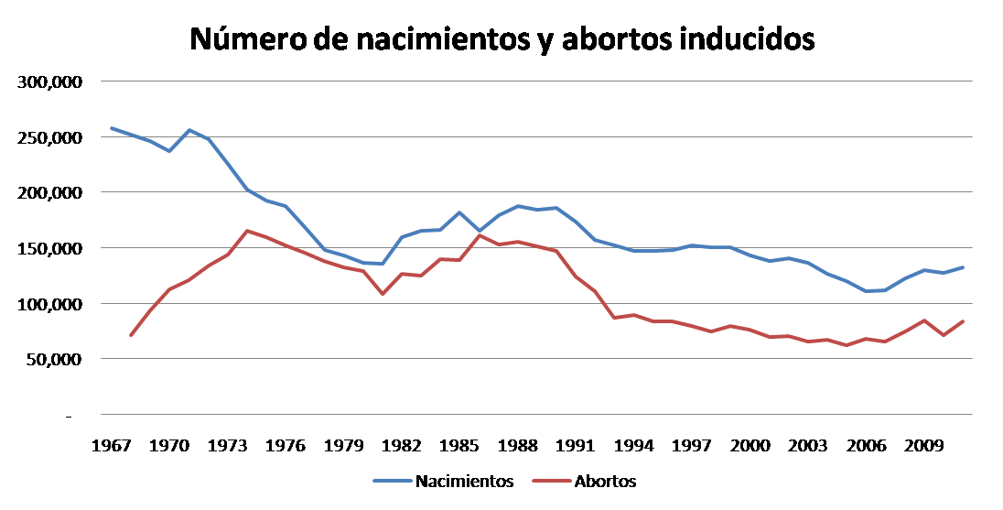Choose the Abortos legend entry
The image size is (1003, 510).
pyautogui.click(x=605, y=481)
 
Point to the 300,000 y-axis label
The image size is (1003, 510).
pyautogui.click(x=50, y=82)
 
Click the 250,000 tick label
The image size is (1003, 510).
pyautogui.click(x=50, y=137)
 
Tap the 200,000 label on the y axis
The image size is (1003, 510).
pyautogui.click(x=50, y=193)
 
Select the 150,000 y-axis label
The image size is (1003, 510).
pyautogui.click(x=50, y=249)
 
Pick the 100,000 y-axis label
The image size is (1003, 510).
pyautogui.click(x=50, y=304)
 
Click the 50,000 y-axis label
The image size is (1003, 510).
pyautogui.click(x=54, y=360)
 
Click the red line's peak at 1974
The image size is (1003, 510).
pyautogui.click(x=246, y=231)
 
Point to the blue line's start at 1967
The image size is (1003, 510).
pyautogui.click(x=111, y=128)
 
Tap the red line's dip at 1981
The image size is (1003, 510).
pyautogui.click(x=383, y=294)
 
